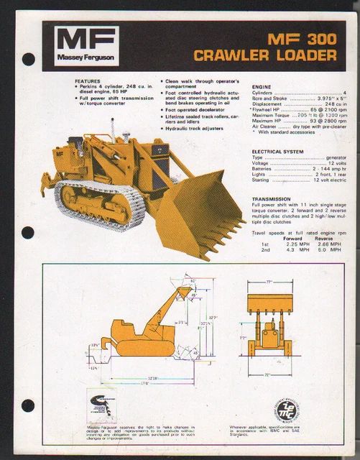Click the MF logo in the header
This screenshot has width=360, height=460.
pyautogui.click(x=86, y=39)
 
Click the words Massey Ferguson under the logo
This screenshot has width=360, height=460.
pyautogui.click(x=86, y=58)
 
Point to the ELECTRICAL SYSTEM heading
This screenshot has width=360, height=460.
pyautogui.click(x=277, y=152)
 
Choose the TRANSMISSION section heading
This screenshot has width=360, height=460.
pyautogui.click(x=271, y=198)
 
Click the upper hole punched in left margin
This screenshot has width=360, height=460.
pyautogui.click(x=29, y=60)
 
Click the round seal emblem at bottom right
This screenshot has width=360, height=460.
pyautogui.click(x=288, y=412)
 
